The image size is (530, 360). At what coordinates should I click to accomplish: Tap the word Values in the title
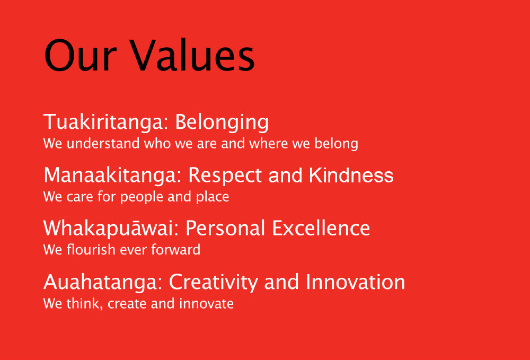coord(192,55)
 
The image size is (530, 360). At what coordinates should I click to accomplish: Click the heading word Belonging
coord(222,122)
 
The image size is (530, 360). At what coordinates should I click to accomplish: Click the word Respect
coord(225,176)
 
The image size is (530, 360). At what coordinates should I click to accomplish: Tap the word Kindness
coord(351,175)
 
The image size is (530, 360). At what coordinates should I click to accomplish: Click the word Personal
coord(225,228)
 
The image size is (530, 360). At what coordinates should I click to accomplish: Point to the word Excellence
coord(321,228)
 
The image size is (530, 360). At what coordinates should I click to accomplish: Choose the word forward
coord(176,250)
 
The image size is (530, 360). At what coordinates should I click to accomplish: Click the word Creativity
coord(213,282)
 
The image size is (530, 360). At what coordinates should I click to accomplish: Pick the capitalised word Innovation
coord(355,282)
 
